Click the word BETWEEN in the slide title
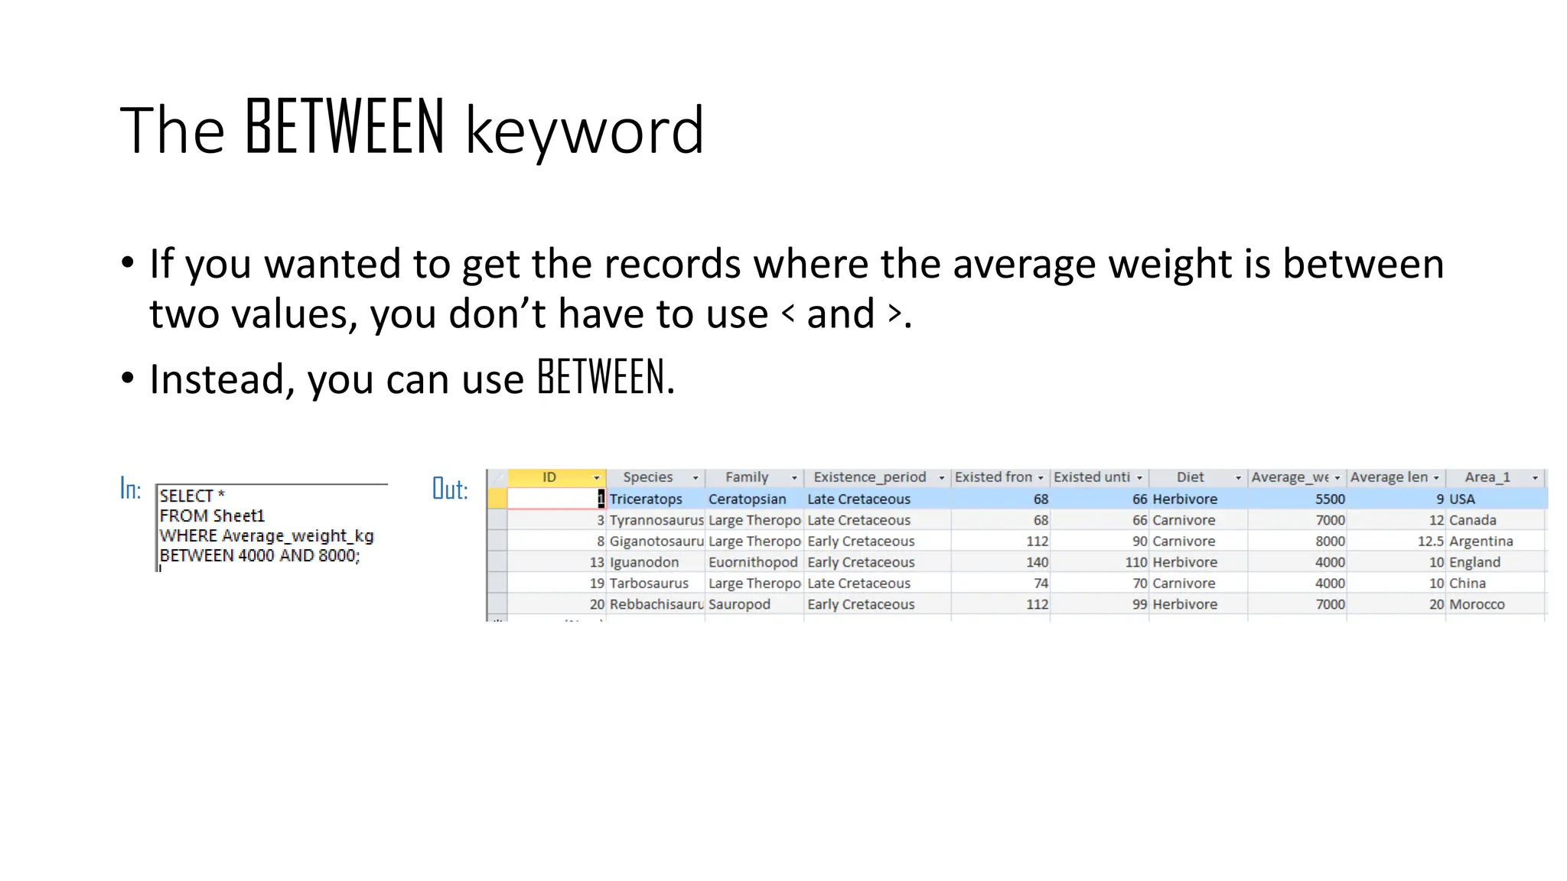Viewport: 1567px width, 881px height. coord(344,128)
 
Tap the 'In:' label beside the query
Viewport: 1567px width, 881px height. coord(130,489)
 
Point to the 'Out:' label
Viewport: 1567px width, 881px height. coord(449,489)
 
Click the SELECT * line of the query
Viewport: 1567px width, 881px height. coord(192,496)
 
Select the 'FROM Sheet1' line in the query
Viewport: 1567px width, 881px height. coord(212,515)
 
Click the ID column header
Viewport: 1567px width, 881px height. coord(549,477)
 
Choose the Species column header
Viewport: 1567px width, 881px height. coord(647,477)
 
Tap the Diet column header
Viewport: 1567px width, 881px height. coord(1190,477)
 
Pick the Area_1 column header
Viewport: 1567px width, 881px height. coord(1487,477)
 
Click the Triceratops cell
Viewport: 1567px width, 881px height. coord(646,499)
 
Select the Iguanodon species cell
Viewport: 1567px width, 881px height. coord(644,562)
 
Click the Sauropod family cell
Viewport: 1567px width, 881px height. coord(739,604)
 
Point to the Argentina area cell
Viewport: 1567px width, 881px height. coord(1481,541)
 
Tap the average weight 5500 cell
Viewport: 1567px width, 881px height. coord(1330,499)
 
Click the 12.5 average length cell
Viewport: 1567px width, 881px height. coord(1430,541)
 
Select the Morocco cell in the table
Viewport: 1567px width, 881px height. coord(1477,604)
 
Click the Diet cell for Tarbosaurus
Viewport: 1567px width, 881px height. coord(1184,583)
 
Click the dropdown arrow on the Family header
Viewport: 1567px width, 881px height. coord(794,478)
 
